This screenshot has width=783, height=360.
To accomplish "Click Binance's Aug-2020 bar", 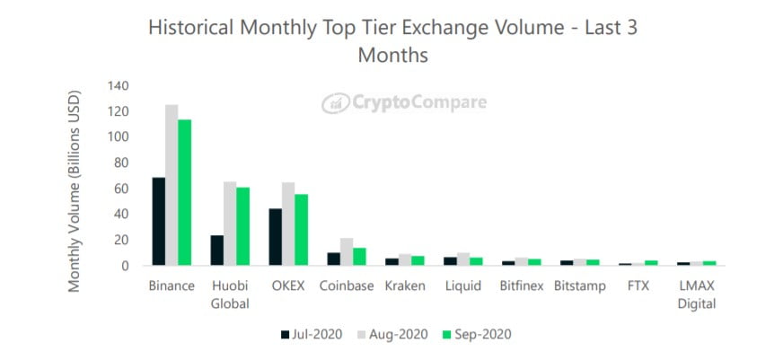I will pyautogui.click(x=172, y=185).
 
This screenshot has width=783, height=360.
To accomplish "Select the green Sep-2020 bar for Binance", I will pyautogui.click(x=185, y=192).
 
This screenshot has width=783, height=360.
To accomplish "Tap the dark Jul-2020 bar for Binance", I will pyautogui.click(x=159, y=221).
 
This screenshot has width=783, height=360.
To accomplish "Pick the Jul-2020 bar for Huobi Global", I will pyautogui.click(x=216, y=250).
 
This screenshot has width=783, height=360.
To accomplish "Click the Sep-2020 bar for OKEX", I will pyautogui.click(x=301, y=229).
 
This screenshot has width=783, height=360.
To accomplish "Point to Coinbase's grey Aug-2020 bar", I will pyautogui.click(x=347, y=251).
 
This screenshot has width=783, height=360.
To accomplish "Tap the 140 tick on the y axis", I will pyautogui.click(x=118, y=86).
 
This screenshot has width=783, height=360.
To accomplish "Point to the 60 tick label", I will pyautogui.click(x=121, y=189).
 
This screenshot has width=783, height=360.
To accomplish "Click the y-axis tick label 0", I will pyautogui.click(x=126, y=266).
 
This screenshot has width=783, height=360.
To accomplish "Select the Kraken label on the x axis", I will pyautogui.click(x=404, y=286).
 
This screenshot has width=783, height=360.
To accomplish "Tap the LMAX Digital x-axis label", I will pyautogui.click(x=697, y=294).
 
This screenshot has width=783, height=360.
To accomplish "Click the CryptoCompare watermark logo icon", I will pyautogui.click(x=335, y=103).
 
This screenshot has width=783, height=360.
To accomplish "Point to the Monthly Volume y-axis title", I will pyautogui.click(x=75, y=189).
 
